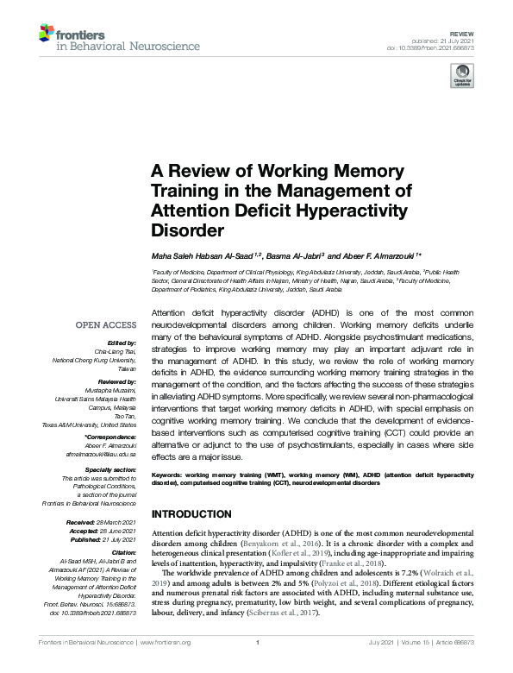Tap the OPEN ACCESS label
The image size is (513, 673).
[106, 325]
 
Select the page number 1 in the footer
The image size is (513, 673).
[256, 665]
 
